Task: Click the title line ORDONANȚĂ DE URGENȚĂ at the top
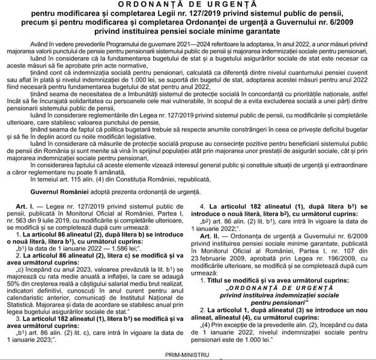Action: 188,4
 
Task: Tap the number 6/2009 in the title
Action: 341,24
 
